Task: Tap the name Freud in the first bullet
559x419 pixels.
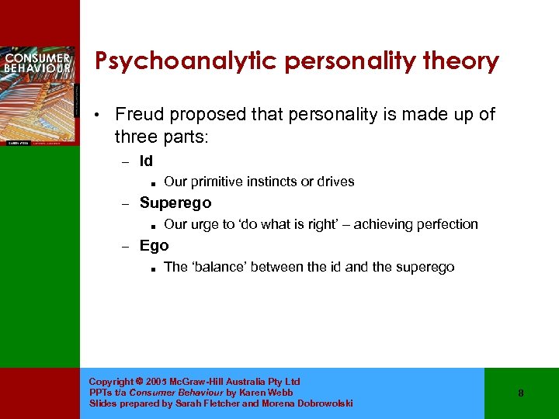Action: coord(141,115)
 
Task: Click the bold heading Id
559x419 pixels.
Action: coord(146,161)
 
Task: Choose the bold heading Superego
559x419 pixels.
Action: coord(175,203)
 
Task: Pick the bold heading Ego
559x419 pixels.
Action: coord(154,245)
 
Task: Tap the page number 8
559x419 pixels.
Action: coord(521,393)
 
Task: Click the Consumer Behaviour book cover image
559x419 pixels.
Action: coord(39,95)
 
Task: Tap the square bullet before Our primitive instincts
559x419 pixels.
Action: coord(156,183)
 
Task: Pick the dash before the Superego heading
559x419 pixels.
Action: coord(123,203)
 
